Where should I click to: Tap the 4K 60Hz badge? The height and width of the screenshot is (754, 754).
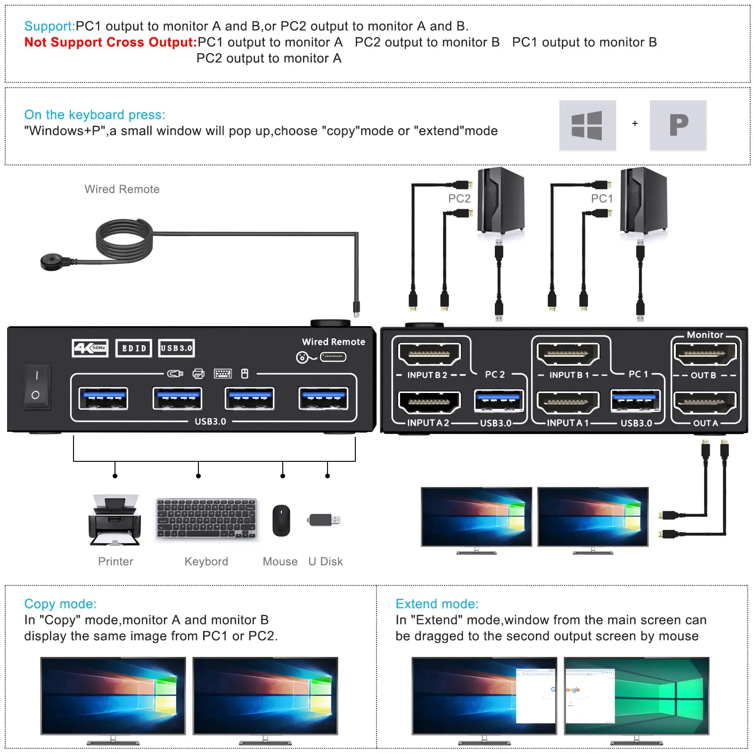click(90, 348)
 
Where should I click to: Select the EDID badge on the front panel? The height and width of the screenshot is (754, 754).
click(134, 348)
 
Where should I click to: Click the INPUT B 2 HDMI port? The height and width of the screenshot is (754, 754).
click(429, 354)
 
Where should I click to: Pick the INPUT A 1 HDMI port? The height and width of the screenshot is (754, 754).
click(568, 402)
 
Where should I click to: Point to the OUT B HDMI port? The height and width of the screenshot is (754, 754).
click(705, 354)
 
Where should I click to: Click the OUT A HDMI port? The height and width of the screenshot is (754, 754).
click(705, 402)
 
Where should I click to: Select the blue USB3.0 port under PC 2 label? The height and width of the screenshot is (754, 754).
click(499, 401)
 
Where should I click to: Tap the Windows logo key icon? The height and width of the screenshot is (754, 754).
click(587, 125)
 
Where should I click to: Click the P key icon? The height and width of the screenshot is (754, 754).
click(678, 125)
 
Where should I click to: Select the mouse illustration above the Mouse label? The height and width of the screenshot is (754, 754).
click(281, 520)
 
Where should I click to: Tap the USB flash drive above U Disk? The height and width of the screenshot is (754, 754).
click(324, 520)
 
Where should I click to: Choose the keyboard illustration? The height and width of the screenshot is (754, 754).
click(206, 519)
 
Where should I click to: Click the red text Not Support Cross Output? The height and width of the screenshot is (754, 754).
click(110, 42)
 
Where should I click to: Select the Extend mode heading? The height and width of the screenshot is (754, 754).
click(437, 604)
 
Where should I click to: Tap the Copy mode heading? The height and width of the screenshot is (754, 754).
click(60, 604)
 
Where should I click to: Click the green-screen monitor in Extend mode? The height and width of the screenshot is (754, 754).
click(637, 696)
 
